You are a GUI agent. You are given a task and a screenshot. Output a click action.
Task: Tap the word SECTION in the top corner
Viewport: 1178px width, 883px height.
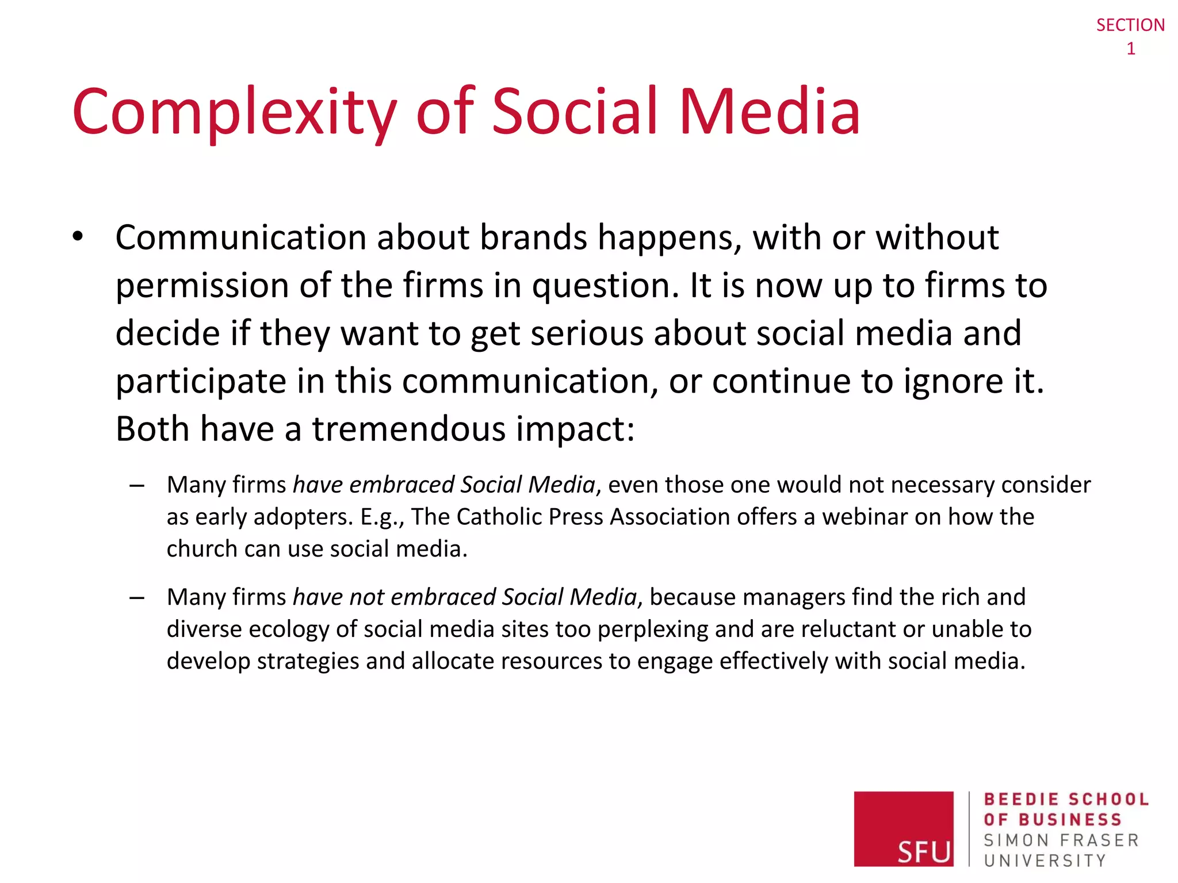tap(1130, 25)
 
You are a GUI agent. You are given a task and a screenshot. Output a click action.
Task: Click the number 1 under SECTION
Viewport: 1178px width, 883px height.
tap(1130, 49)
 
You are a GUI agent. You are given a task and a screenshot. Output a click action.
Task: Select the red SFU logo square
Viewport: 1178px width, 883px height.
tap(903, 828)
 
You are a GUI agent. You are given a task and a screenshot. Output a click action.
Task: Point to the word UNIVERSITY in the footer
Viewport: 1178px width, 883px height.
tap(1045, 861)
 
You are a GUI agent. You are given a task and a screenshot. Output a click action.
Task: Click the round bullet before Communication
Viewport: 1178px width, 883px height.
tap(78, 237)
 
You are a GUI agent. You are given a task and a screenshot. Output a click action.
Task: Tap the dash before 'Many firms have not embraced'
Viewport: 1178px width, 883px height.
tap(137, 598)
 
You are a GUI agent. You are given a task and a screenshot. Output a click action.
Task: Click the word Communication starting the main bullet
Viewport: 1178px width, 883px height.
tap(240, 237)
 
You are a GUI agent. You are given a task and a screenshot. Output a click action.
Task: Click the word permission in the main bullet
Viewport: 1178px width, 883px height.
tap(202, 286)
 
